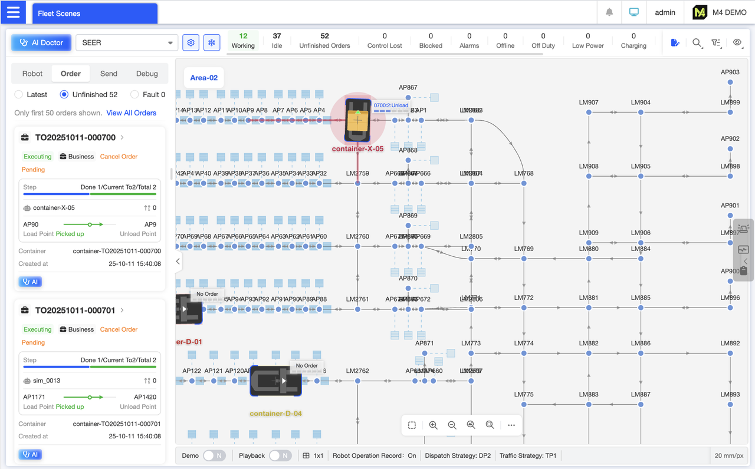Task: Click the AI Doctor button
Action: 41,42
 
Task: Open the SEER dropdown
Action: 127,42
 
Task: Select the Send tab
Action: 109,74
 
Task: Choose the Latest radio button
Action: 19,94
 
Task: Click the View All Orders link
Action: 131,113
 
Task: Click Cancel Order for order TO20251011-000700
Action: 119,157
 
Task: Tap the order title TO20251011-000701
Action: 75,310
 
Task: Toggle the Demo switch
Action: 214,455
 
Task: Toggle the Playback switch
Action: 280,455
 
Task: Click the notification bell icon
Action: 609,12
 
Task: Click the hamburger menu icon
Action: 13,12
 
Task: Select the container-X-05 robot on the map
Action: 357,120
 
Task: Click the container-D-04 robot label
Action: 275,414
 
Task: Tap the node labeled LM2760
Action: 357,246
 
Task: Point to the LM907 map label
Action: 588,103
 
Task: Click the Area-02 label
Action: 204,78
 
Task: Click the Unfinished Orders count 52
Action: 324,36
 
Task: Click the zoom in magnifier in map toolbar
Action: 433,425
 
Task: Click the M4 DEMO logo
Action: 720,12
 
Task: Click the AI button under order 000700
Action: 30,282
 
